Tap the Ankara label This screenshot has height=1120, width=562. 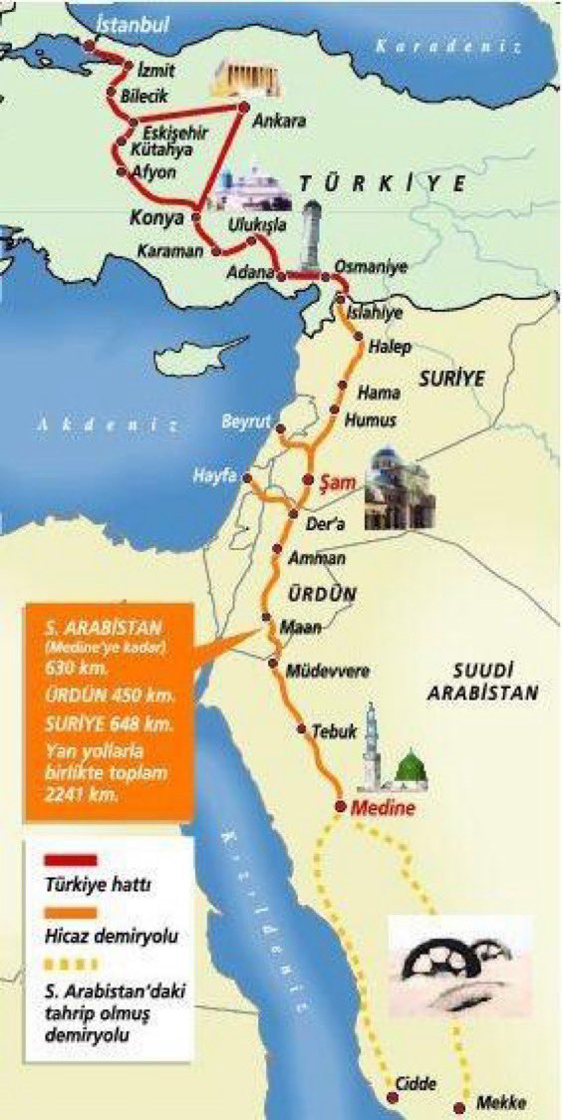tap(279, 123)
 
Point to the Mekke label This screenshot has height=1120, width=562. tap(501, 1102)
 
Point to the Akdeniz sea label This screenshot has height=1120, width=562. tap(110, 424)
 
